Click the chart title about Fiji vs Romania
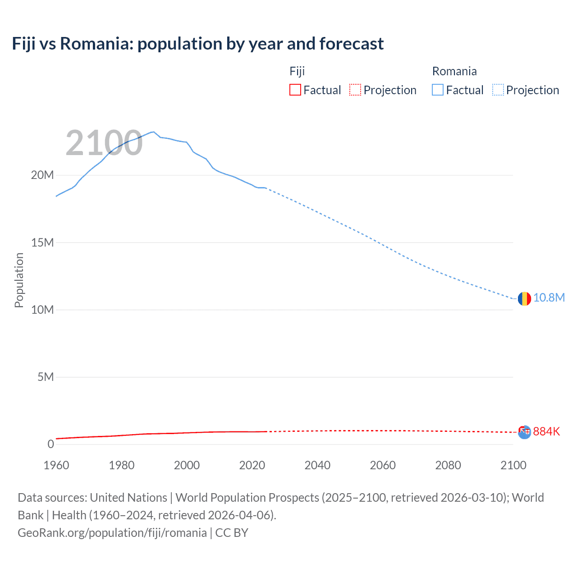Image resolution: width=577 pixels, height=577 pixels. click(198, 44)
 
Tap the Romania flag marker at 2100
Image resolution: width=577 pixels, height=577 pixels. click(524, 298)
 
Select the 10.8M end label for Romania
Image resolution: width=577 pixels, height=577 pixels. click(549, 298)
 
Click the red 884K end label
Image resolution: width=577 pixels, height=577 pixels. click(546, 431)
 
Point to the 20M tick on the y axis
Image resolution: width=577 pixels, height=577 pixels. click(42, 175)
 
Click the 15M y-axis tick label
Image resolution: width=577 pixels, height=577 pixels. click(42, 243)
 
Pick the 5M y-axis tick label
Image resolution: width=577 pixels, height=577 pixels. click(46, 377)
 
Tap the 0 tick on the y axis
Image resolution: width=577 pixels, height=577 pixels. click(50, 444)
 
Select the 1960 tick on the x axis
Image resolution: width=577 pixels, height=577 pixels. click(56, 465)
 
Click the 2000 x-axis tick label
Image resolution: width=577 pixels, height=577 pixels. click(187, 465)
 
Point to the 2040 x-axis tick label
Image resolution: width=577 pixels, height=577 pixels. click(317, 465)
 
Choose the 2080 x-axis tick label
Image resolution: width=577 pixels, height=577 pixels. click(448, 465)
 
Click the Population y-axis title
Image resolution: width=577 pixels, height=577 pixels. click(19, 280)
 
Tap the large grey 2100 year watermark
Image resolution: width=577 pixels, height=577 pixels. click(104, 143)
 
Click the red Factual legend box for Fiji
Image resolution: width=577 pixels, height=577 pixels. click(295, 90)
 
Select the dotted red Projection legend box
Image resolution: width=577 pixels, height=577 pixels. click(355, 90)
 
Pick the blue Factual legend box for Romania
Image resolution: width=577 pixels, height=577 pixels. click(438, 90)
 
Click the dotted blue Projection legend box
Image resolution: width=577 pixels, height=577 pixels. click(498, 90)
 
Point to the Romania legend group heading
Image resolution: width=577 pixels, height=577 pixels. click(454, 71)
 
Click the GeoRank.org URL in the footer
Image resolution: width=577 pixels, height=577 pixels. click(112, 533)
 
